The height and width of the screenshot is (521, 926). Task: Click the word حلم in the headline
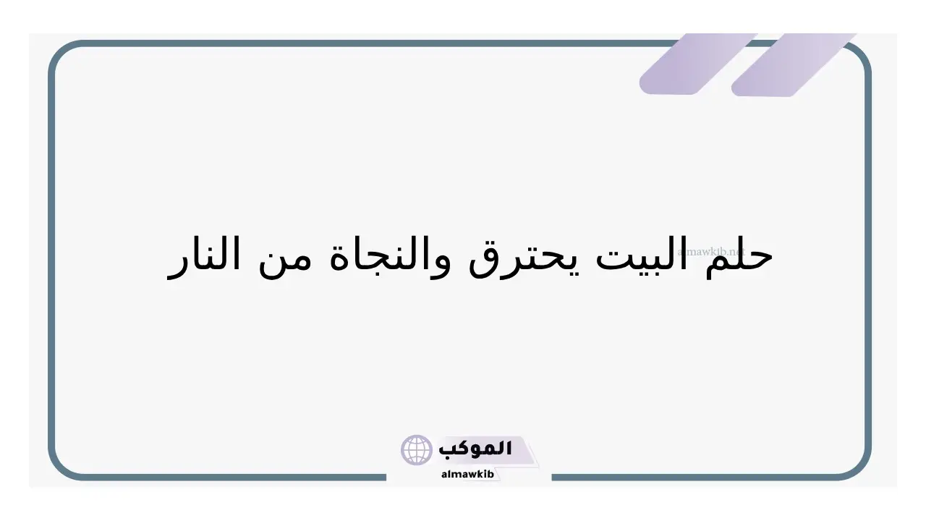click(739, 256)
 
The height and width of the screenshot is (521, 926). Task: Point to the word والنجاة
click(388, 257)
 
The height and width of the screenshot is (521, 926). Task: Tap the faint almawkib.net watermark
click(711, 251)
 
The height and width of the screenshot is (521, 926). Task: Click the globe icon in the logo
click(416, 450)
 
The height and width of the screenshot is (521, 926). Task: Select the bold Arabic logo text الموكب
click(475, 449)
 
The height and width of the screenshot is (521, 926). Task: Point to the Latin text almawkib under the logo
click(467, 474)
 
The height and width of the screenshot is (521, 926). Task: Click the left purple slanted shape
click(698, 64)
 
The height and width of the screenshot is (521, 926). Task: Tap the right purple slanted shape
click(793, 65)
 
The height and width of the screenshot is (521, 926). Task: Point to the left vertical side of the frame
click(51, 260)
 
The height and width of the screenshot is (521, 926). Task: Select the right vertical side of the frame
click(868, 260)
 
